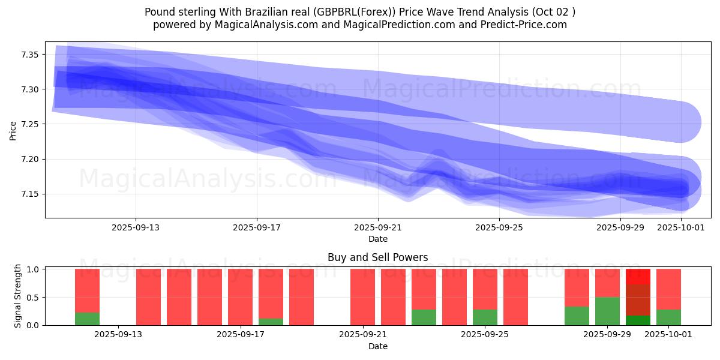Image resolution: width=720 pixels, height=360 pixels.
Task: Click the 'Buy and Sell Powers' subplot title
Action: click(x=377, y=257)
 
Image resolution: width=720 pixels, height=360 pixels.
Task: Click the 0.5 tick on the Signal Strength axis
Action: click(x=34, y=297)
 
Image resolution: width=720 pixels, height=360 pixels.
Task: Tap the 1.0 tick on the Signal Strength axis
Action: click(x=34, y=269)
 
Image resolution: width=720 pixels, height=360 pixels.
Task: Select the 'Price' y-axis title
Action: click(x=13, y=130)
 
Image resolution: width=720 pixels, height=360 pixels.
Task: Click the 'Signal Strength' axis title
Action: click(x=18, y=296)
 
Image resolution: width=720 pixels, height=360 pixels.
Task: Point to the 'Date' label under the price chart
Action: click(x=377, y=239)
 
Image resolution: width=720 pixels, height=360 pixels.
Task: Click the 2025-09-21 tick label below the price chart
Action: click(x=377, y=227)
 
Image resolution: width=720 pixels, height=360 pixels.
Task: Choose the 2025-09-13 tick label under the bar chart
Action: click(x=118, y=335)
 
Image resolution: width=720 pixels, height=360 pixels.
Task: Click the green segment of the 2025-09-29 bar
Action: click(x=607, y=311)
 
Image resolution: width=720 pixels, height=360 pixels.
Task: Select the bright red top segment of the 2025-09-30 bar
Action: click(x=638, y=277)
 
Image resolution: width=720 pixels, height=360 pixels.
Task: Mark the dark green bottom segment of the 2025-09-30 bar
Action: click(x=638, y=320)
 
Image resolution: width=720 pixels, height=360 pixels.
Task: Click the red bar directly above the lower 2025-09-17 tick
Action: click(x=240, y=297)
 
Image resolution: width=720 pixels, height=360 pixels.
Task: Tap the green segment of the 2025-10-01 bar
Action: click(x=668, y=317)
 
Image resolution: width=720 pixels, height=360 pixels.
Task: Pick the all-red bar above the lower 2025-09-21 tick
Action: click(x=362, y=297)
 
